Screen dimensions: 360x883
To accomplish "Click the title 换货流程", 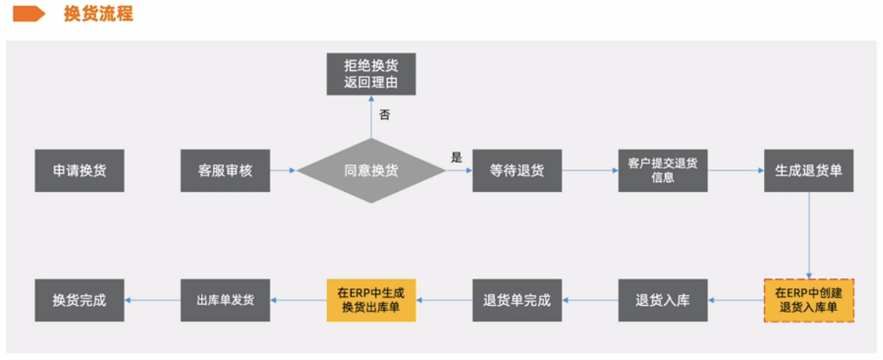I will (98, 13).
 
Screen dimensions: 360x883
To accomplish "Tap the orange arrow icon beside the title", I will (29, 13).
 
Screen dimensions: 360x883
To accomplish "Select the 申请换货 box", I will (79, 171).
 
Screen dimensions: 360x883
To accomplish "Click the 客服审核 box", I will (225, 171).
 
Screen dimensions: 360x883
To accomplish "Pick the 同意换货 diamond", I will (371, 171).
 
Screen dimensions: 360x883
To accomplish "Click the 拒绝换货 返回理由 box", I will (371, 74).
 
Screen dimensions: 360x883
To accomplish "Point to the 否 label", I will (385, 115).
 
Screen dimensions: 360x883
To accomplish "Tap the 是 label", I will (457, 158).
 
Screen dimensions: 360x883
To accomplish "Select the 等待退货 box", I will (517, 171).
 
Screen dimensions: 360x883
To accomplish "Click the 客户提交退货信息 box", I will (663, 171).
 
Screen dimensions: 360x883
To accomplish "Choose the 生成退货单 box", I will (809, 171).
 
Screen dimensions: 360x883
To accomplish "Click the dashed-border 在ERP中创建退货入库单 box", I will (809, 300).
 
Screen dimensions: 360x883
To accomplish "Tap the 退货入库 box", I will (663, 300).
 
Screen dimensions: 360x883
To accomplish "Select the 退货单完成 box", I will (517, 300).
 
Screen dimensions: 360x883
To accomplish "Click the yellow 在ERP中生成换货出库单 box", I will (371, 300).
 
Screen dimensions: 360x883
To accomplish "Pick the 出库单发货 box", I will (225, 300).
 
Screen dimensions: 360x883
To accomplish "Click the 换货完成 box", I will (79, 300).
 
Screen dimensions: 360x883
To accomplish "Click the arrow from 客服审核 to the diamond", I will (284, 170).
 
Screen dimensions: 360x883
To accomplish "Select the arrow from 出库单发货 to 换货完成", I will (153, 300).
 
